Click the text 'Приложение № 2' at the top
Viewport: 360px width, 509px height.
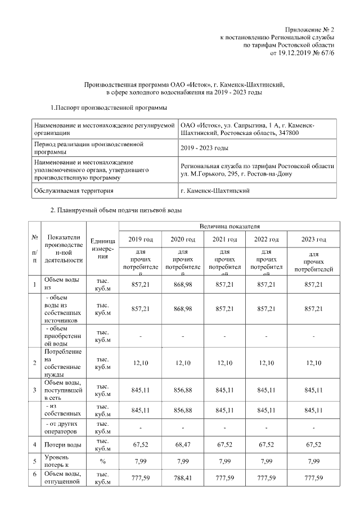tap(309, 29)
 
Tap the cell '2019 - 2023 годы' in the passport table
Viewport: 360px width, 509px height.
tap(204, 148)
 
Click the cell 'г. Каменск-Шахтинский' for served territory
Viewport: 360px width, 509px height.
tap(215, 191)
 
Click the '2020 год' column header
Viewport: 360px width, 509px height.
tap(183, 239)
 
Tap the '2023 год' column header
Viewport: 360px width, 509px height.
tap(314, 239)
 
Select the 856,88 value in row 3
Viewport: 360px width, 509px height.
tap(183, 390)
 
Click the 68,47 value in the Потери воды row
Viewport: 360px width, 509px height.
tap(183, 445)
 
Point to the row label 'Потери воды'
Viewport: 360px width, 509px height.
tap(59, 445)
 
